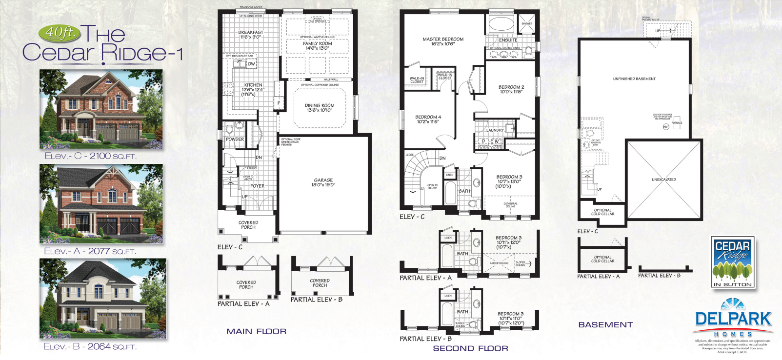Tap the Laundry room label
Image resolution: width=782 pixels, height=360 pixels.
(495, 130)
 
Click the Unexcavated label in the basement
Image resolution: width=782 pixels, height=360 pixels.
(663, 180)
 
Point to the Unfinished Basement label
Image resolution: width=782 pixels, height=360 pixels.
(634, 79)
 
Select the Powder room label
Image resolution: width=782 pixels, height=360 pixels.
(235, 139)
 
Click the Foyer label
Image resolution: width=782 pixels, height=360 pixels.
(257, 186)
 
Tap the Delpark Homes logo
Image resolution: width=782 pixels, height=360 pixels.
(733, 320)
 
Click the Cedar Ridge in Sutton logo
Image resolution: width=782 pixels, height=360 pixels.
(733, 262)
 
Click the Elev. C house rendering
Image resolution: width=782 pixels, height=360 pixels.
(101, 109)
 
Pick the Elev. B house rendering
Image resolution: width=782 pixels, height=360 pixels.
(102, 299)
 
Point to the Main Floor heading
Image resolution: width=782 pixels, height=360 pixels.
(256, 331)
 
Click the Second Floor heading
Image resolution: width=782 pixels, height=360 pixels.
(470, 348)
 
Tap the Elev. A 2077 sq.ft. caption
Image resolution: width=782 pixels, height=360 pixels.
(90, 251)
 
